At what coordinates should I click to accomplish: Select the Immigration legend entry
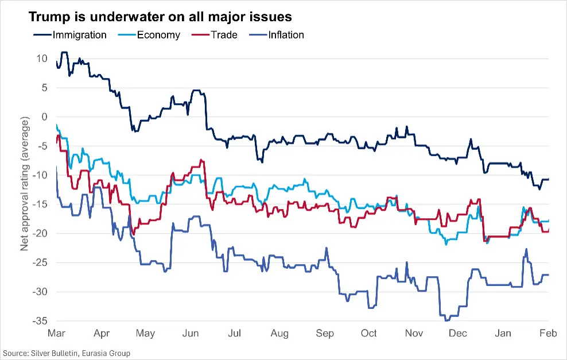coord(79,35)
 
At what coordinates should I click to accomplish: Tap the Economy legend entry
coord(158,35)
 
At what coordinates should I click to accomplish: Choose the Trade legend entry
coord(223,35)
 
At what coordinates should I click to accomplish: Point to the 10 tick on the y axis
coord(41,59)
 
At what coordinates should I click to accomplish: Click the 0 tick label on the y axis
coord(44,117)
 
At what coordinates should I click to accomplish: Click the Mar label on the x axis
coord(57,334)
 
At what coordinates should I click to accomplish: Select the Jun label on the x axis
coord(191,334)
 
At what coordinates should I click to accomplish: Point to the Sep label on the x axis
coord(325,334)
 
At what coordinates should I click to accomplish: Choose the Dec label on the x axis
coord(458,334)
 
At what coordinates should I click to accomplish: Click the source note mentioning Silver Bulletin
coord(67,353)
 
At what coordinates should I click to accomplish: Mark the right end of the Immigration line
coord(548,180)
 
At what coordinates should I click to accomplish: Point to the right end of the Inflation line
coord(548,275)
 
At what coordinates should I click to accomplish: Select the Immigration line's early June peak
coord(196,90)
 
